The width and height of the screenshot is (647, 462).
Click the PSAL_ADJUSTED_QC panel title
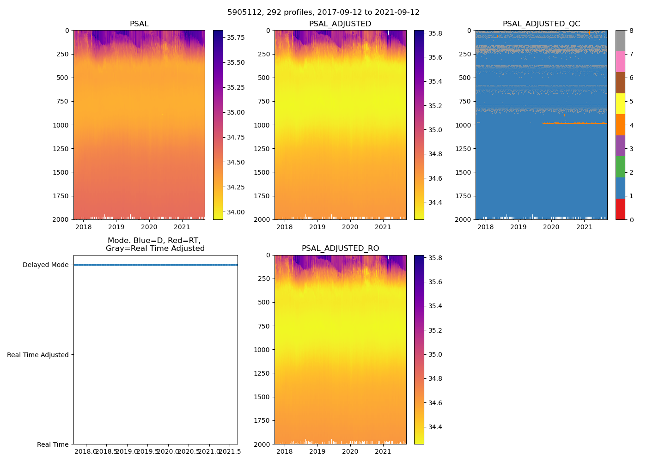coord(541,24)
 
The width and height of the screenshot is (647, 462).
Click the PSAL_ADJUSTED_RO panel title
coord(340,249)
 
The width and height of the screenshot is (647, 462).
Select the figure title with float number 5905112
coord(323,12)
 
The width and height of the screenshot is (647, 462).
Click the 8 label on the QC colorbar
coord(631,31)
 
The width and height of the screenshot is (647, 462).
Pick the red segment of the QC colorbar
coord(620,209)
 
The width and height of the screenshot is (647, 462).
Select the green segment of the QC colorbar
coord(620,167)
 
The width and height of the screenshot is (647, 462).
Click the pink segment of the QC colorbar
coord(620,61)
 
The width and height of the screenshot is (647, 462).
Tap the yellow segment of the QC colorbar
coord(620,103)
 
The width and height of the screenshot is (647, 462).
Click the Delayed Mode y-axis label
coord(45,265)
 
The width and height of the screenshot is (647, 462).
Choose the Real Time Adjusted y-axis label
coord(38,355)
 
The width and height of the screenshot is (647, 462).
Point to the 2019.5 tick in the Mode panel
coord(147,451)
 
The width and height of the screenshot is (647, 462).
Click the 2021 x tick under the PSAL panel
coord(182,227)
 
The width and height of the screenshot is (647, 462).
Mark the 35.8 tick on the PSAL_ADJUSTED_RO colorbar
coord(435,258)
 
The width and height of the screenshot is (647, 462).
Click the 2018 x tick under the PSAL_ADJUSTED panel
coord(284,227)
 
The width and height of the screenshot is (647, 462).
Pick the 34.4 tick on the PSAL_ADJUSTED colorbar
coord(435,202)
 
